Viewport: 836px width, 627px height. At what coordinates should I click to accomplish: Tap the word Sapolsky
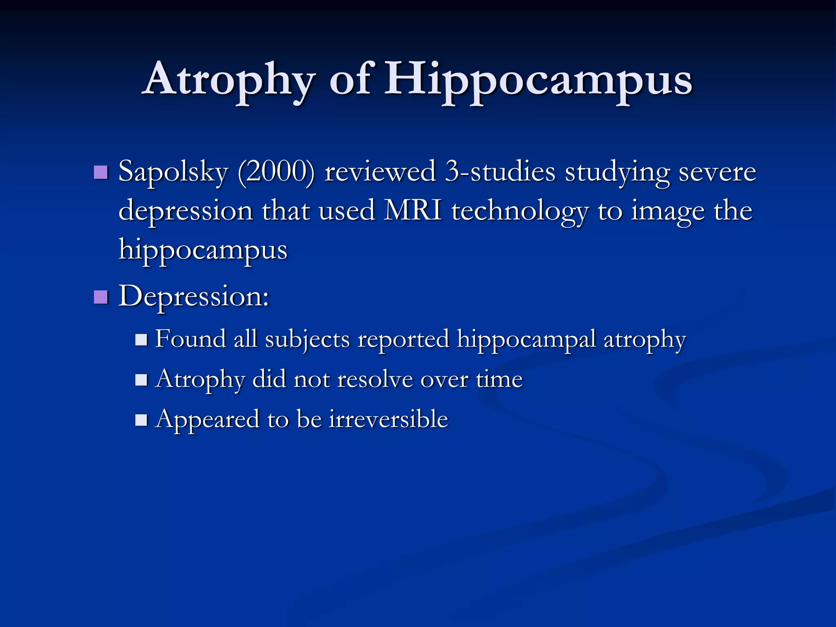click(x=173, y=171)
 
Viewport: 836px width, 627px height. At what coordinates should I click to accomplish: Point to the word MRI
click(x=413, y=211)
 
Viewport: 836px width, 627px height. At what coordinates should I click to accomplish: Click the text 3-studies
click(x=500, y=171)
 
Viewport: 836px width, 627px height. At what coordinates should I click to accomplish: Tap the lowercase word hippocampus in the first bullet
click(x=203, y=250)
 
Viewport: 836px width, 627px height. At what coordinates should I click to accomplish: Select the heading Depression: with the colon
click(x=194, y=296)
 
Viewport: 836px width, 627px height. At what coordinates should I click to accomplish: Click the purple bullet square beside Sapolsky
click(x=101, y=172)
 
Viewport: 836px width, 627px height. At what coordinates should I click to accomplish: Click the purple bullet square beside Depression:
click(x=101, y=297)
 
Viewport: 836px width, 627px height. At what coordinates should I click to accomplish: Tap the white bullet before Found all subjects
click(x=141, y=340)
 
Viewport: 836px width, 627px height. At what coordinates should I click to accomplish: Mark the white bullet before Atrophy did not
click(x=141, y=380)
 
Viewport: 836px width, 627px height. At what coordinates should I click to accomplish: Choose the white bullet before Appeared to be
click(x=141, y=420)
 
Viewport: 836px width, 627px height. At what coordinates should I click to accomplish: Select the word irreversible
click(x=389, y=419)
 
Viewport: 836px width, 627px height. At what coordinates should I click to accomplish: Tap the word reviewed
click(x=380, y=171)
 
